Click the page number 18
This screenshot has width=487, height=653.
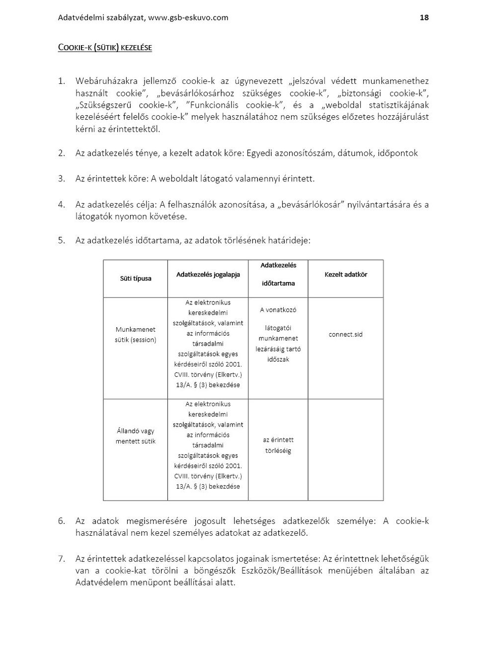(424, 17)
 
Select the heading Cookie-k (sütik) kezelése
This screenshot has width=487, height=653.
(105, 48)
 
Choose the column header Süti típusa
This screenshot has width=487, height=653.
(135, 279)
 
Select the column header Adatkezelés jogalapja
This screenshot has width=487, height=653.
(208, 275)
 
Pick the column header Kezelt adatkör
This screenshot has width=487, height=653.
(345, 275)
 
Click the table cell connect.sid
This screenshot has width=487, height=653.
(345, 335)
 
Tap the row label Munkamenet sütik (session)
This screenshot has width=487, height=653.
(135, 335)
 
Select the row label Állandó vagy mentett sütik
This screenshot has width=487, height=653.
(135, 436)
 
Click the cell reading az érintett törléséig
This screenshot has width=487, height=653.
(278, 445)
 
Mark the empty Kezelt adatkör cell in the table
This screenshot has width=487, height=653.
(345, 449)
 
